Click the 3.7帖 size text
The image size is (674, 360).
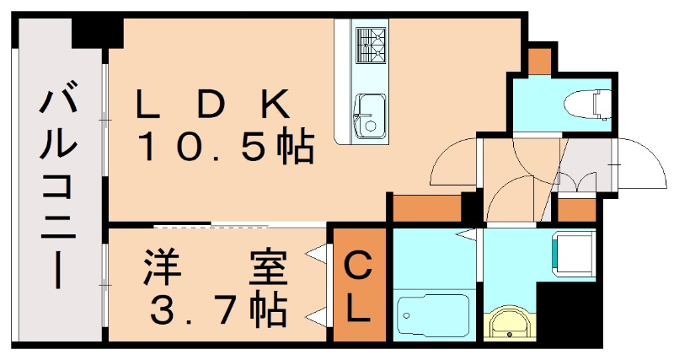point(217,312)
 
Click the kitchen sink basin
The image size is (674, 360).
point(368,115)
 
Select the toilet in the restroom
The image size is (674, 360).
point(591,103)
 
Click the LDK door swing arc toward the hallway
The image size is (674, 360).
point(451,164)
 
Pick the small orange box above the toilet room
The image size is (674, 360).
point(538,61)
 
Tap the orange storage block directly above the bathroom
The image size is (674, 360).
point(428,207)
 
